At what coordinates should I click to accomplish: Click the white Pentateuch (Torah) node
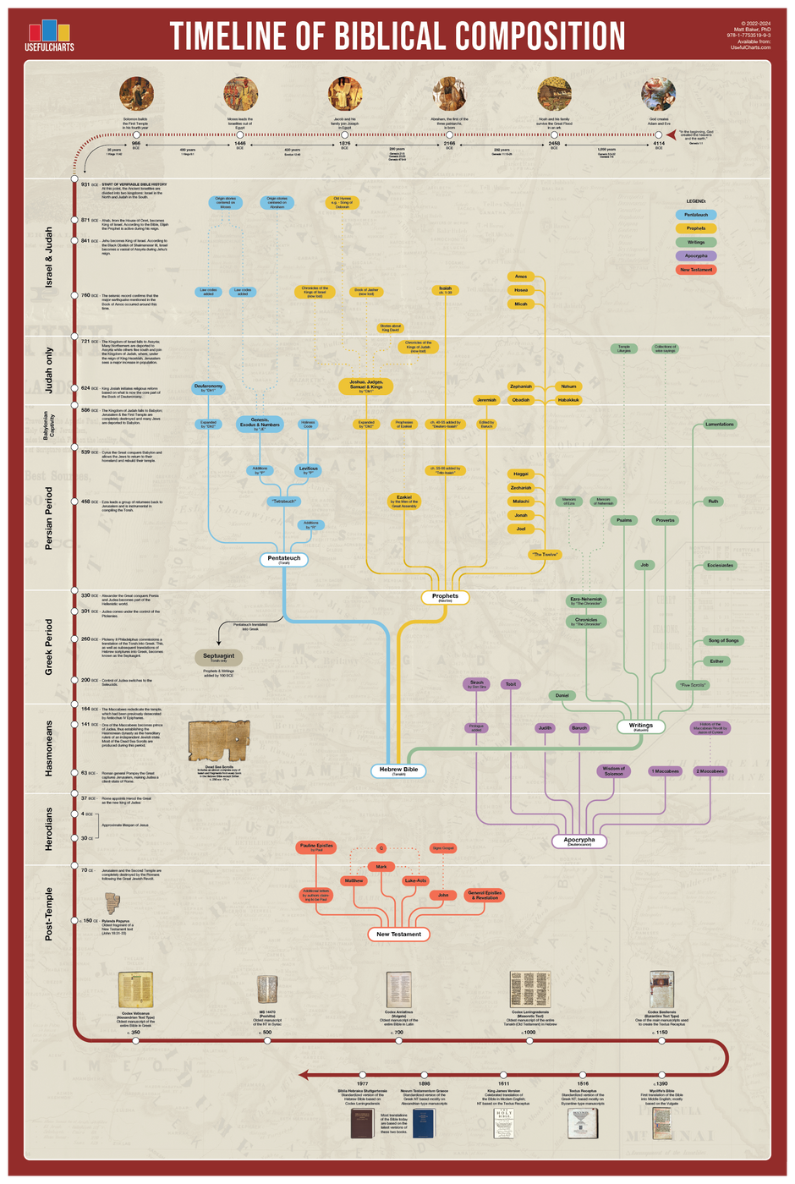coord(284,559)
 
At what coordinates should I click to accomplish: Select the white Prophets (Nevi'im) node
coord(445,597)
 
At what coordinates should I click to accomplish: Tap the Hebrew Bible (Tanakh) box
coord(399,770)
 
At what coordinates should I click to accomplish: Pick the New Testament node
coord(399,935)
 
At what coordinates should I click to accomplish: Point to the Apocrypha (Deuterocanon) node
coord(579,841)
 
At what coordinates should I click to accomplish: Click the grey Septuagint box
coord(219,657)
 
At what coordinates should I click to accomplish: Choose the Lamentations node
coord(720,424)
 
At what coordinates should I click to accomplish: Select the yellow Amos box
coord(521,277)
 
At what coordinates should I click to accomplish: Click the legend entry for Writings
coord(696,242)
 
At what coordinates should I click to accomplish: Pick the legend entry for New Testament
coord(696,270)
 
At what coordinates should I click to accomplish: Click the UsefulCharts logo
coord(49,35)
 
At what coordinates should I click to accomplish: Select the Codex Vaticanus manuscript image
coord(135,989)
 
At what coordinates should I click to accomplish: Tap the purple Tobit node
coord(510,684)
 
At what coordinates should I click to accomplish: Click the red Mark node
coord(381,867)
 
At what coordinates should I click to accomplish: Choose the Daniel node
coord(562,695)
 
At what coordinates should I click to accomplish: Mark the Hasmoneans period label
coord(48,748)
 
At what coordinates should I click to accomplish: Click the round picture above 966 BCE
coord(135,94)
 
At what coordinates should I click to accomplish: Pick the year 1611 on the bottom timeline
coord(503,1083)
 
